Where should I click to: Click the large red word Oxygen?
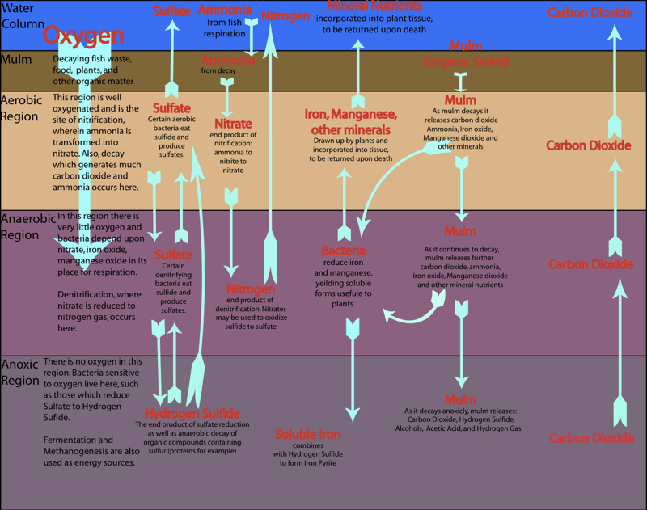pyautogui.click(x=83, y=36)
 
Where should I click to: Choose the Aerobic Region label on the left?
pyautogui.click(x=20, y=108)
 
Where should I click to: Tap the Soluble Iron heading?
pyautogui.click(x=307, y=435)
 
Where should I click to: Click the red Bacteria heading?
pyautogui.click(x=344, y=251)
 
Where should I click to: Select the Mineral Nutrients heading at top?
pyautogui.click(x=374, y=6)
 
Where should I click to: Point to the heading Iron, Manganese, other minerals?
pyautogui.click(x=348, y=122)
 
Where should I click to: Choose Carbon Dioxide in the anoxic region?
pyautogui.click(x=591, y=438)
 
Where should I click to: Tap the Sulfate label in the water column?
pyautogui.click(x=172, y=11)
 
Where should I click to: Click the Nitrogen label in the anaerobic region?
pyautogui.click(x=252, y=289)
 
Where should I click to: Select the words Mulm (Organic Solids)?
pyautogui.click(x=465, y=54)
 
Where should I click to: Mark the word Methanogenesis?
pyautogui.click(x=87, y=451)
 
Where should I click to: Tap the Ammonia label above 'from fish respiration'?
pyautogui.click(x=225, y=10)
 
